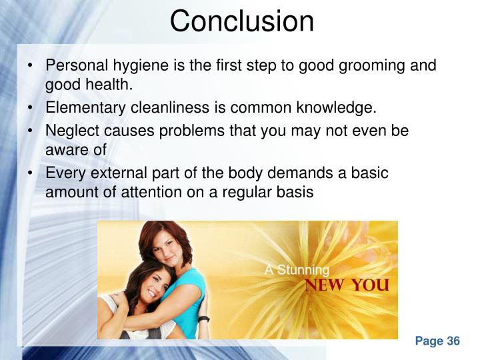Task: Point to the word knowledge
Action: pyautogui.click(x=339, y=108)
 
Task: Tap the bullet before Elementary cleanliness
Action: pyautogui.click(x=32, y=108)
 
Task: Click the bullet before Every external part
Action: pyautogui.click(x=32, y=173)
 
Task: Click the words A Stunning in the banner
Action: pyautogui.click(x=297, y=270)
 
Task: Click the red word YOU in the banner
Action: pyautogui.click(x=371, y=285)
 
